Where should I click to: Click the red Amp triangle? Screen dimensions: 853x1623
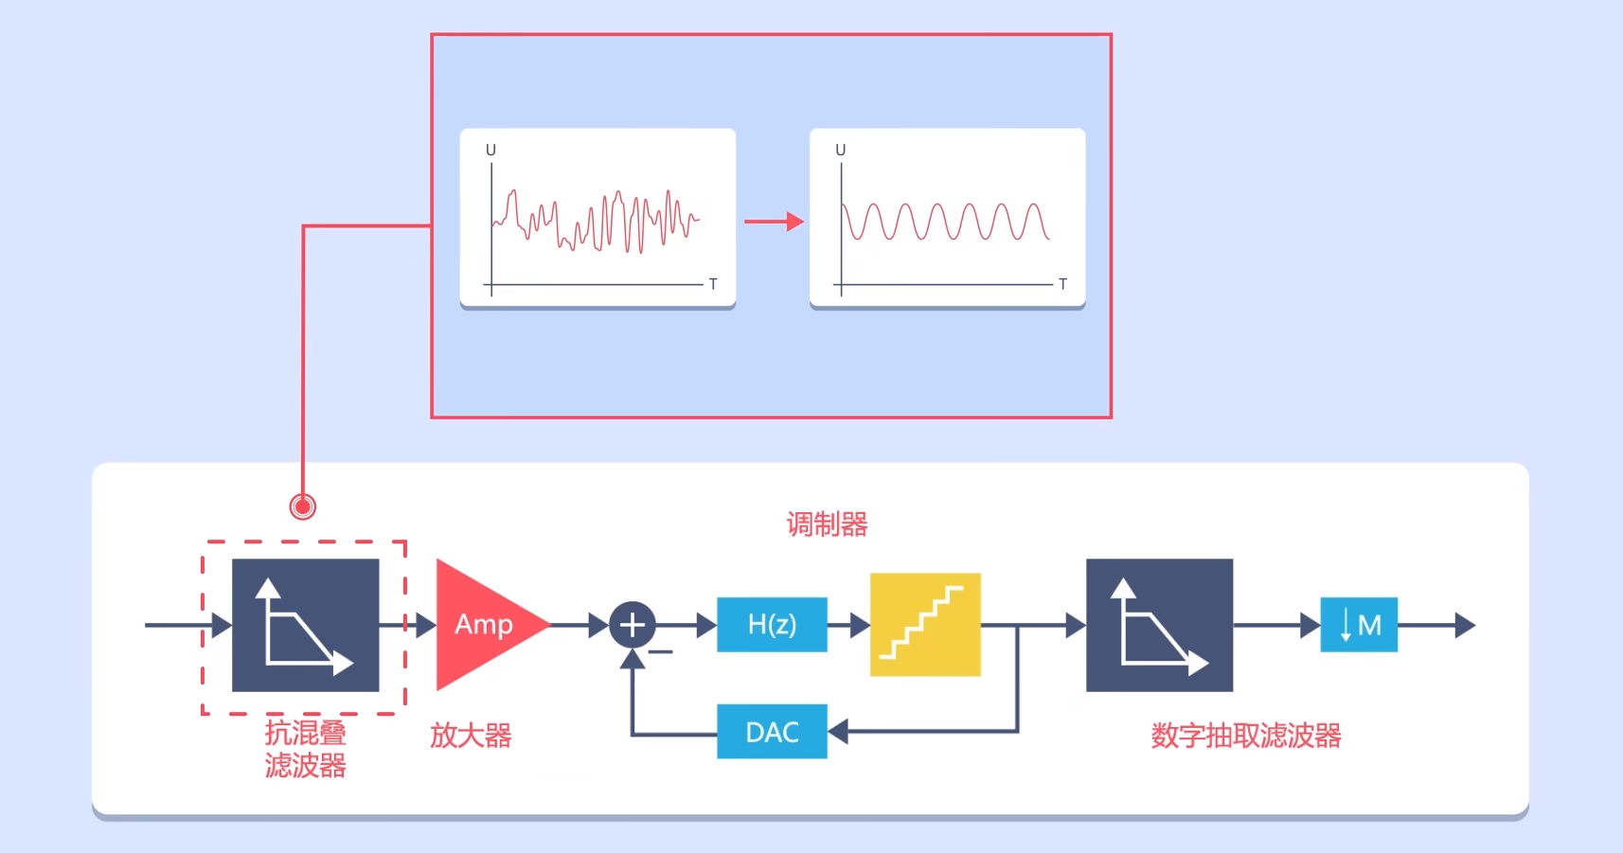(x=481, y=625)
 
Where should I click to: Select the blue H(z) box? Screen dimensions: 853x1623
(x=772, y=625)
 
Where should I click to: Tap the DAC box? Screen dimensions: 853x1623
(x=772, y=732)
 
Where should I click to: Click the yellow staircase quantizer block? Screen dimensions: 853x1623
(x=925, y=625)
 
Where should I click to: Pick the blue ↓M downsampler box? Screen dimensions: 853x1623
(x=1359, y=625)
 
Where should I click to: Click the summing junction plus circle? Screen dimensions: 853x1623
(x=632, y=625)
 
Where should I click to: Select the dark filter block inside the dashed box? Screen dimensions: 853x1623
(x=305, y=625)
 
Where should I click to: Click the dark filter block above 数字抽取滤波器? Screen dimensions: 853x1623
(x=1159, y=625)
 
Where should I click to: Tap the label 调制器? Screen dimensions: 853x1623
(x=827, y=524)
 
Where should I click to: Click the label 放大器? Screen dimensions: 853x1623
(x=471, y=736)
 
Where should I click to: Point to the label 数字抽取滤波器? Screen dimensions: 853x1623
(x=1246, y=736)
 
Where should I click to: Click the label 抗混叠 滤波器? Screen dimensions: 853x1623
(x=305, y=749)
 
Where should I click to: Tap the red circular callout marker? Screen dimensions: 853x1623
(x=303, y=506)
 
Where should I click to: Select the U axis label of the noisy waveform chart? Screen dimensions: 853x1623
(x=490, y=151)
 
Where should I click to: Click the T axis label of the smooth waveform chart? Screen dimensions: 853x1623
(x=1062, y=284)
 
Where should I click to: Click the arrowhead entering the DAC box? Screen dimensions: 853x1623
(x=838, y=732)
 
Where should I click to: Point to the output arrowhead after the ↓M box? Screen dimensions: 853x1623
(x=1465, y=625)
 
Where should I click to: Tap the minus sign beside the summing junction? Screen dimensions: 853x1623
(x=661, y=651)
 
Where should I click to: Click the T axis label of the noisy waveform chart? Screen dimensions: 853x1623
(x=713, y=284)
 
